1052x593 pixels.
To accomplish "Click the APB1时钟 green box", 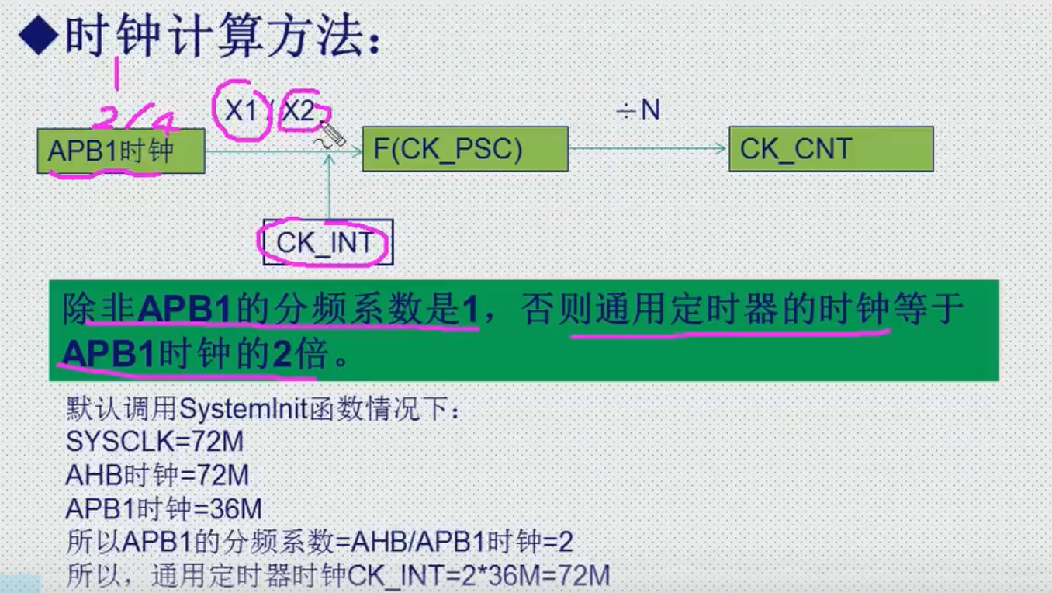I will pos(120,151).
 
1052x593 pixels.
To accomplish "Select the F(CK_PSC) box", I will pos(465,149).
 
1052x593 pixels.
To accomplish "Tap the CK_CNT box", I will pos(830,149).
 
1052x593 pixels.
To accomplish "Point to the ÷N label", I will pos(638,111).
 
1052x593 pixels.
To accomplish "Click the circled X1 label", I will pos(241,112).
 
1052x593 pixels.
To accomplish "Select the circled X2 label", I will pos(299,112).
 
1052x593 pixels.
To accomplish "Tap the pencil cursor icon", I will pos(332,134).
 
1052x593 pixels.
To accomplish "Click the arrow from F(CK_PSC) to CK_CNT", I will pos(648,149).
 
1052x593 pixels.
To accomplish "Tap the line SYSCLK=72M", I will pos(154,442).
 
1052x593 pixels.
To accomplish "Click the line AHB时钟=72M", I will pos(157,475).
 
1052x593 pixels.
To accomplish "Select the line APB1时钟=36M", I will pos(164,509).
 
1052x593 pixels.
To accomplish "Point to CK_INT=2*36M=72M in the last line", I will pos(479,576).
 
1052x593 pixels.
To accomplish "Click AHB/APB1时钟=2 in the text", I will pos(463,542).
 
